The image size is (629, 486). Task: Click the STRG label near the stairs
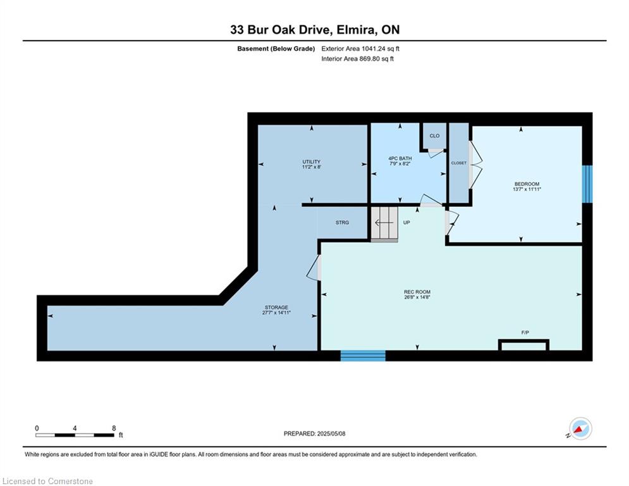[342, 223]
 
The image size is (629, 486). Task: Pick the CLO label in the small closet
[434, 136]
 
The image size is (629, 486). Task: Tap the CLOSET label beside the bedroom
[459, 163]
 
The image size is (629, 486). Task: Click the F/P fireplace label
[525, 333]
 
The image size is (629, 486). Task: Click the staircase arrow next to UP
[384, 223]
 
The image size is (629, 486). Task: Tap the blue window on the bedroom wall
[587, 184]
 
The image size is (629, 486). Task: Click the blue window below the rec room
[363, 356]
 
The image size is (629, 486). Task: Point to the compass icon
[580, 429]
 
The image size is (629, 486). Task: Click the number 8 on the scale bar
[114, 428]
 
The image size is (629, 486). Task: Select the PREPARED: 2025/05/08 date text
[315, 433]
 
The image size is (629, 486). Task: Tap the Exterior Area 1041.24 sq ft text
[360, 49]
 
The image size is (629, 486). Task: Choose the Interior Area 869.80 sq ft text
[357, 59]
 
